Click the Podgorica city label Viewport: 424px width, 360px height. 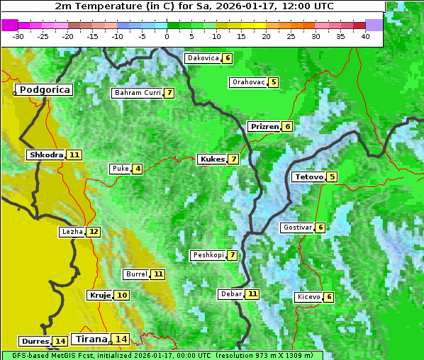click(x=44, y=90)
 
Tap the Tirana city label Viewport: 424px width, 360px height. click(x=90, y=339)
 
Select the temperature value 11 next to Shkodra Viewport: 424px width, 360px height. click(x=74, y=154)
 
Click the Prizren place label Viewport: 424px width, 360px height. click(x=264, y=127)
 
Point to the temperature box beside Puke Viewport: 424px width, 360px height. click(x=137, y=169)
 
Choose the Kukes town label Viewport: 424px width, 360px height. click(x=212, y=159)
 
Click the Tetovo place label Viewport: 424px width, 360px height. click(x=308, y=176)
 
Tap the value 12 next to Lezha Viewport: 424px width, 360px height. click(x=94, y=232)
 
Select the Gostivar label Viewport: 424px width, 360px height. click(x=297, y=227)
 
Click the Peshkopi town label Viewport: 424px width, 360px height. click(x=208, y=255)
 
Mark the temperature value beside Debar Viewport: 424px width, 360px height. click(x=252, y=294)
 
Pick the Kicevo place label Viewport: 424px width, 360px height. click(x=309, y=297)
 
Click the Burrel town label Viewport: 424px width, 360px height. click(x=136, y=274)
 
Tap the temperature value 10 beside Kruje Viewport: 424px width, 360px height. click(x=122, y=295)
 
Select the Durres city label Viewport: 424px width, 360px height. click(x=35, y=342)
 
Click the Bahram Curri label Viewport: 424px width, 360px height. click(x=138, y=93)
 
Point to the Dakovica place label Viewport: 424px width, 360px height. click(x=202, y=58)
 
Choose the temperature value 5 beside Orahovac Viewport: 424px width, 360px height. click(x=274, y=82)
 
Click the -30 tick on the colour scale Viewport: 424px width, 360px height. click(x=18, y=36)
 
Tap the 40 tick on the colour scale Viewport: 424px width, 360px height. click(x=365, y=36)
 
